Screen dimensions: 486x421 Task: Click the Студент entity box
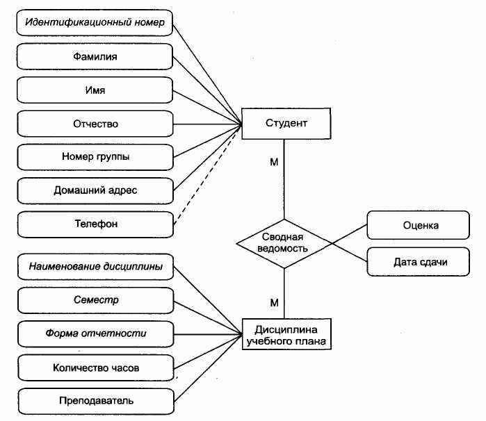(286, 123)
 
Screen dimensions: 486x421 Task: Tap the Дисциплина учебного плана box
(286, 334)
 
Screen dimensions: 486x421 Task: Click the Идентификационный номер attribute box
(95, 23)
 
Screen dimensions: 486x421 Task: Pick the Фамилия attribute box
(95, 56)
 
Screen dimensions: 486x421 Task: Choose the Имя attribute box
(95, 90)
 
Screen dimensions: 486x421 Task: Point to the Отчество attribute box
(95, 124)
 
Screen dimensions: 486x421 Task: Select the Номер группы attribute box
(95, 157)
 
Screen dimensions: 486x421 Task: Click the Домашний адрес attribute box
(95, 191)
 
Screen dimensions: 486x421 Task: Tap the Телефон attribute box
(95, 224)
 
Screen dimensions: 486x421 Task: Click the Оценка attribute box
(418, 225)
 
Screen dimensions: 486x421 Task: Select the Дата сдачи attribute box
(418, 262)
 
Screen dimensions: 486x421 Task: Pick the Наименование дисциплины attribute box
(95, 267)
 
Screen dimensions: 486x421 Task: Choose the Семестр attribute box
(96, 301)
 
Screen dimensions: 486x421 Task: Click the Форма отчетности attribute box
(96, 334)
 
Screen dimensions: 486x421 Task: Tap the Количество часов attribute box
(96, 368)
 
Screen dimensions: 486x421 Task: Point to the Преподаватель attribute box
(96, 401)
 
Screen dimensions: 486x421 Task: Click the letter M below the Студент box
(274, 162)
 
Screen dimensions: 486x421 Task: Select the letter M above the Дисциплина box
(275, 303)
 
